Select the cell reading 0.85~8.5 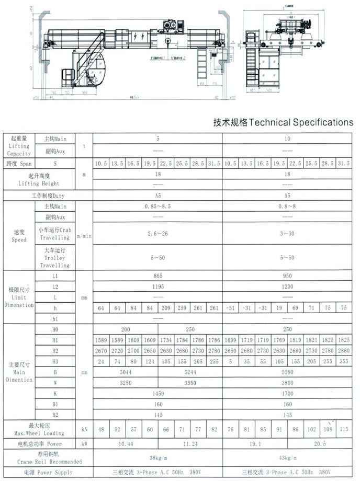tap(157, 207)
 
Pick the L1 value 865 tap(157, 275)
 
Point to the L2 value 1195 tap(157, 287)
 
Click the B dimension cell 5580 tap(287, 372)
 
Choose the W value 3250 tap(125, 383)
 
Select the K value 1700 tap(287, 393)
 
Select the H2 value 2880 tap(343, 350)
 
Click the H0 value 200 tap(125, 330)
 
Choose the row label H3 tap(55, 361)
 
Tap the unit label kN tap(84, 429)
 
